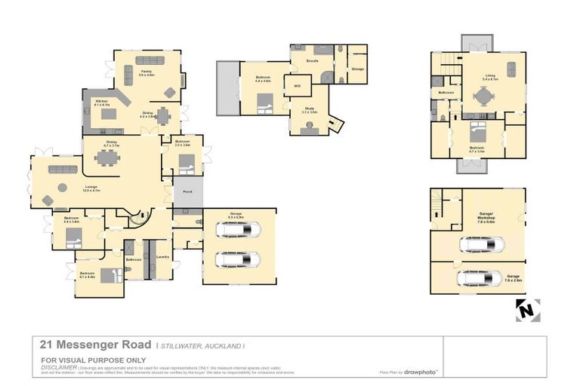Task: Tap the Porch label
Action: click(187, 192)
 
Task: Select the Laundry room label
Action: click(162, 257)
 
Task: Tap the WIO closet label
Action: click(297, 85)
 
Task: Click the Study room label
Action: click(310, 110)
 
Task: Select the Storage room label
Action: click(357, 69)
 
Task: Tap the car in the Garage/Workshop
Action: click(483, 244)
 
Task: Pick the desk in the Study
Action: click(310, 129)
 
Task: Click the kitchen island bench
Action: click(109, 115)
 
